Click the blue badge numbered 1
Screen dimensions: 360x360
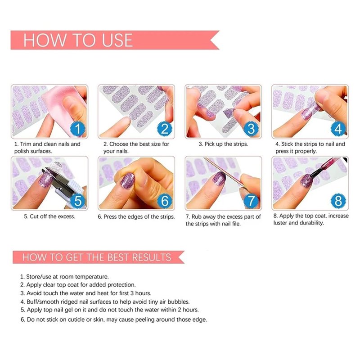77,129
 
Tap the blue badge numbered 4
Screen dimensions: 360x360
338,129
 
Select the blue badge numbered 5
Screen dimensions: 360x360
77,201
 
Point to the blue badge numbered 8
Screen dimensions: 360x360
338,201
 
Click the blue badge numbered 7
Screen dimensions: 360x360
252,201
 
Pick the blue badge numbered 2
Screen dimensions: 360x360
165,129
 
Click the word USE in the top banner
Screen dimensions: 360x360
117,40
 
